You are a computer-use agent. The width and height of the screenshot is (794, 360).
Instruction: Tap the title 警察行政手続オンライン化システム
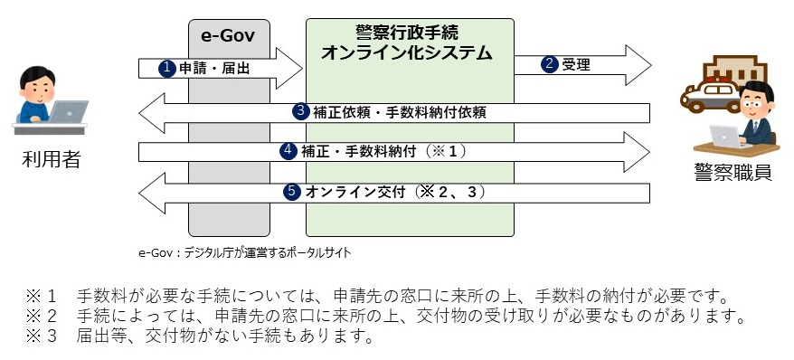409,43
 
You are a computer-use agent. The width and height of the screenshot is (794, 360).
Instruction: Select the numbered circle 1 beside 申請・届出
166,68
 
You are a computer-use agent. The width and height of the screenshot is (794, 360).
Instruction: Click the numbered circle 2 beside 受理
550,64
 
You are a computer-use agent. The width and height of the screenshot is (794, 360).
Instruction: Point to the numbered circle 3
301,111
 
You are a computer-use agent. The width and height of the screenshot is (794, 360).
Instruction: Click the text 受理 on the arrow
576,64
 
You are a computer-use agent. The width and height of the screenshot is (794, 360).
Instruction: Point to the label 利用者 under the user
51,161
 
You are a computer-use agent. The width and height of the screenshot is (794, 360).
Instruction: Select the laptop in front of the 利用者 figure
67,114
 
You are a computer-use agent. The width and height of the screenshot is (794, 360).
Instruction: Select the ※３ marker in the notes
45,337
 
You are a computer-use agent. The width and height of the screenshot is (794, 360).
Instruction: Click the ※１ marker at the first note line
45,296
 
